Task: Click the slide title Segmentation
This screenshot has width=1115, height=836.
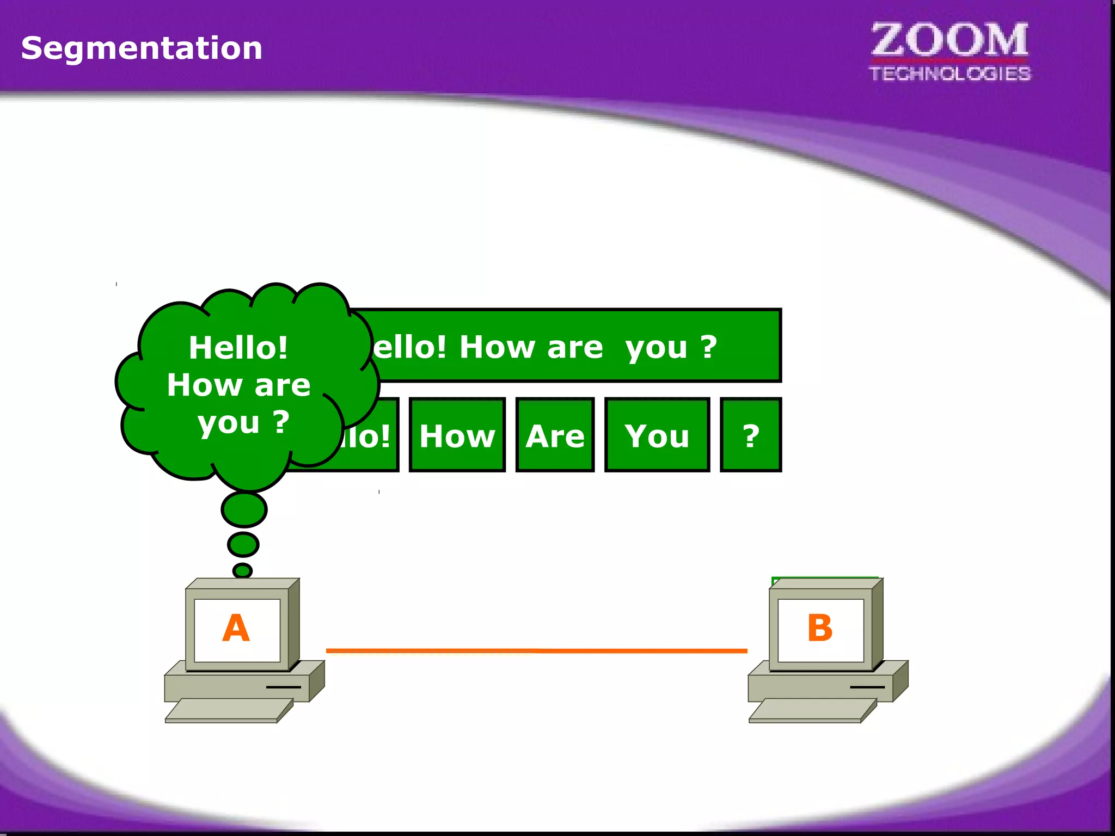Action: (x=142, y=48)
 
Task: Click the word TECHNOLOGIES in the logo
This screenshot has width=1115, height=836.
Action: (x=949, y=73)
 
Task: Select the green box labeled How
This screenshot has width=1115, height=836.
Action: (x=457, y=435)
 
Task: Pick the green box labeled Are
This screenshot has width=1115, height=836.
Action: (x=555, y=435)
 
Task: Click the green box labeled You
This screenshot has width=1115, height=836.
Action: (x=657, y=435)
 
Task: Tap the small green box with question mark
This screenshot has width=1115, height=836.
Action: (x=751, y=435)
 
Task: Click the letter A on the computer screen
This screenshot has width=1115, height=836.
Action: (x=236, y=628)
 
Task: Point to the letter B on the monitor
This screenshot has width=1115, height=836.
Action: (x=819, y=628)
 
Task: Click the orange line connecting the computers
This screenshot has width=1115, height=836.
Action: (x=536, y=650)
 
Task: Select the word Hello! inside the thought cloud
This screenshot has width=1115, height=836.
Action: (x=238, y=347)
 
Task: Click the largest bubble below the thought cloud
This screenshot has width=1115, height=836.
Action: (x=244, y=509)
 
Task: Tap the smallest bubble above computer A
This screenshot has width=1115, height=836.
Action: (x=242, y=570)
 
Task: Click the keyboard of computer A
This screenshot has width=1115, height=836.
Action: (x=229, y=710)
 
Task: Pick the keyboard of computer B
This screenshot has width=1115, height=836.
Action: (x=812, y=710)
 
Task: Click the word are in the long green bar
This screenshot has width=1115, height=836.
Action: (x=575, y=347)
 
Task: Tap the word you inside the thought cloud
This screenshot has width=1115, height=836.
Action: (x=229, y=423)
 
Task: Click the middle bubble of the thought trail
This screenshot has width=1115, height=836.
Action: (x=243, y=544)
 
